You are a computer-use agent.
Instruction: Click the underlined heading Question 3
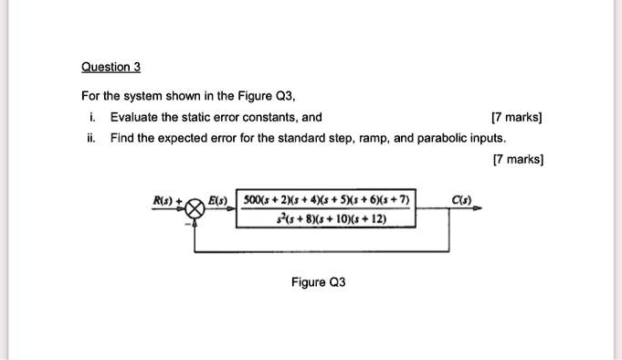(x=111, y=67)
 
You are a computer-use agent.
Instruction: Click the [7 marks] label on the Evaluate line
(x=517, y=117)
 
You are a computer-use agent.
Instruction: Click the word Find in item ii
(x=121, y=138)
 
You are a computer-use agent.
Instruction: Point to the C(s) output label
(x=462, y=200)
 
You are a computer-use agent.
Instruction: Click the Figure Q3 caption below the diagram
(x=318, y=282)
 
